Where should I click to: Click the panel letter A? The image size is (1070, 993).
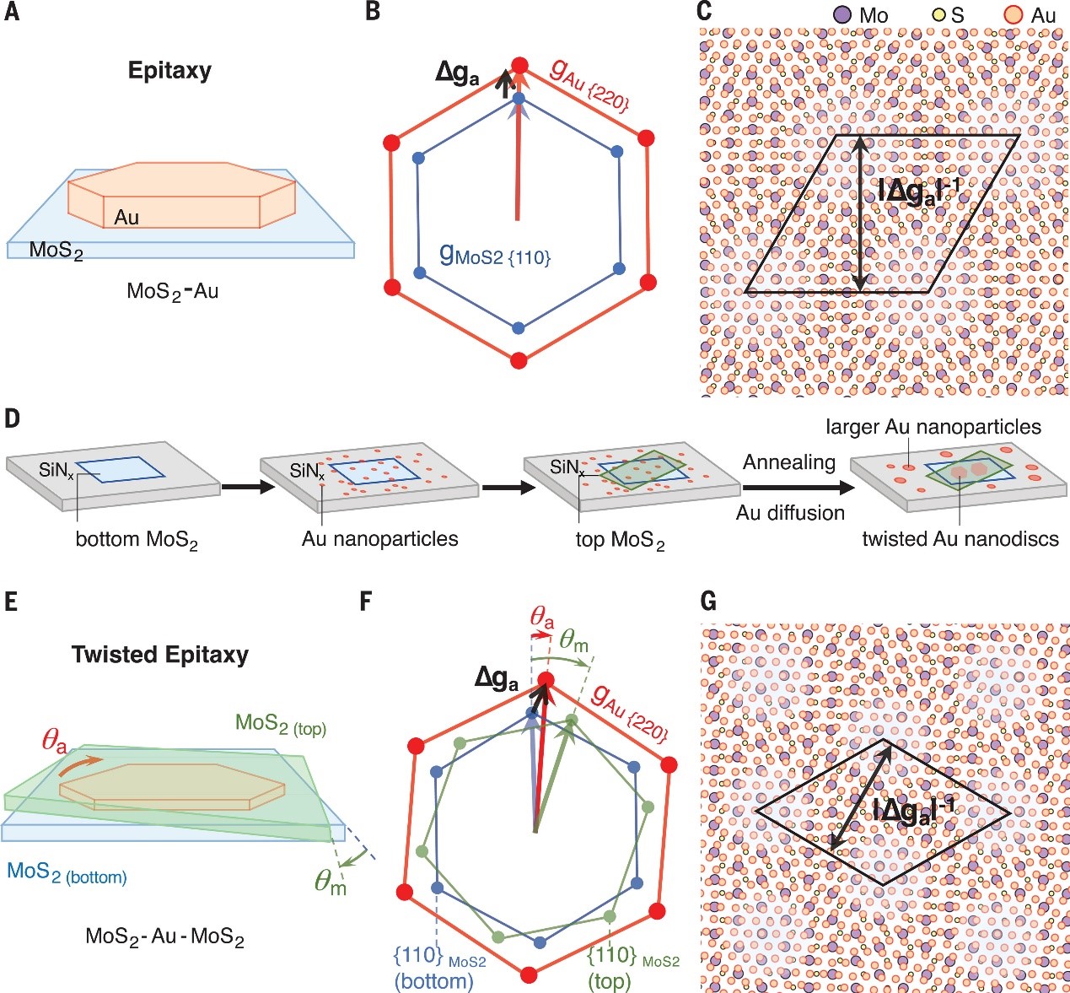(11, 13)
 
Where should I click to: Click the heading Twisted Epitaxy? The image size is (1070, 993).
(160, 655)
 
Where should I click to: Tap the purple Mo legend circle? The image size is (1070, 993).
(841, 15)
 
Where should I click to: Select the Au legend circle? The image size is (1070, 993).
(1013, 15)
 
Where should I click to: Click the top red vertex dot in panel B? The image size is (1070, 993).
(519, 66)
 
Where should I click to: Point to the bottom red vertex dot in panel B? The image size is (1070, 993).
(519, 359)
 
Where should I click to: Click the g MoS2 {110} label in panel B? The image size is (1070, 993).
(495, 256)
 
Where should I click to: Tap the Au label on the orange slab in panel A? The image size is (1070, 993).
(126, 218)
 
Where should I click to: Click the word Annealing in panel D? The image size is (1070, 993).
(789, 462)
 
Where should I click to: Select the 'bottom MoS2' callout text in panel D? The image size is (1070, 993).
(137, 540)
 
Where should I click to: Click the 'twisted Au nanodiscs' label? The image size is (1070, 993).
(960, 538)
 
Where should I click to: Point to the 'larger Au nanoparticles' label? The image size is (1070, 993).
(933, 427)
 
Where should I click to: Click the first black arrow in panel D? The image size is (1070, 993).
(245, 488)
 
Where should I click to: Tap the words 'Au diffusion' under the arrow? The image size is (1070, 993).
(790, 513)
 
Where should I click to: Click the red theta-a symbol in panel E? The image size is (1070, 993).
(55, 743)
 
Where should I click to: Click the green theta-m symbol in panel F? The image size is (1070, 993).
(574, 641)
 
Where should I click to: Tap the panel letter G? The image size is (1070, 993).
(708, 601)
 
